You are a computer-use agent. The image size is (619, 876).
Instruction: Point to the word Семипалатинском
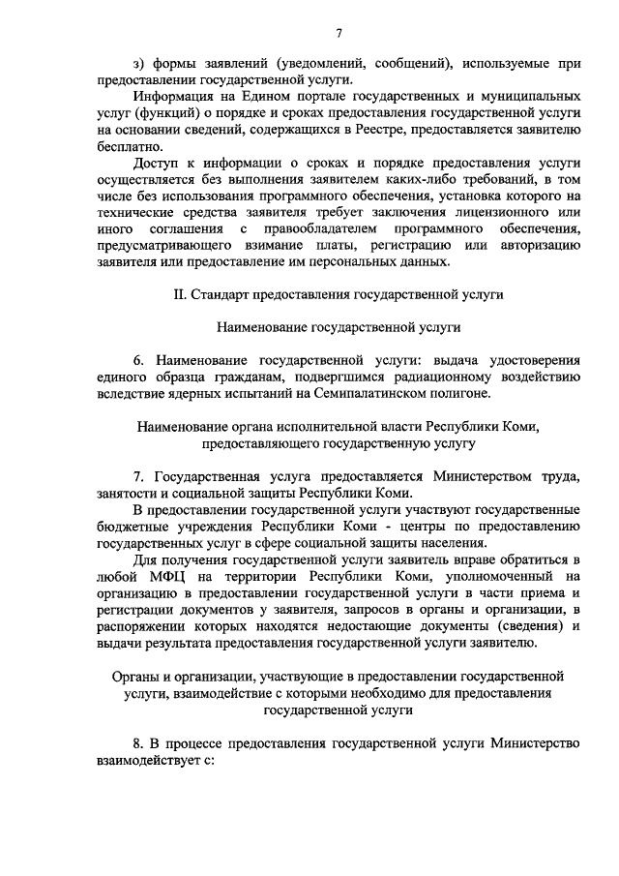[407, 392]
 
